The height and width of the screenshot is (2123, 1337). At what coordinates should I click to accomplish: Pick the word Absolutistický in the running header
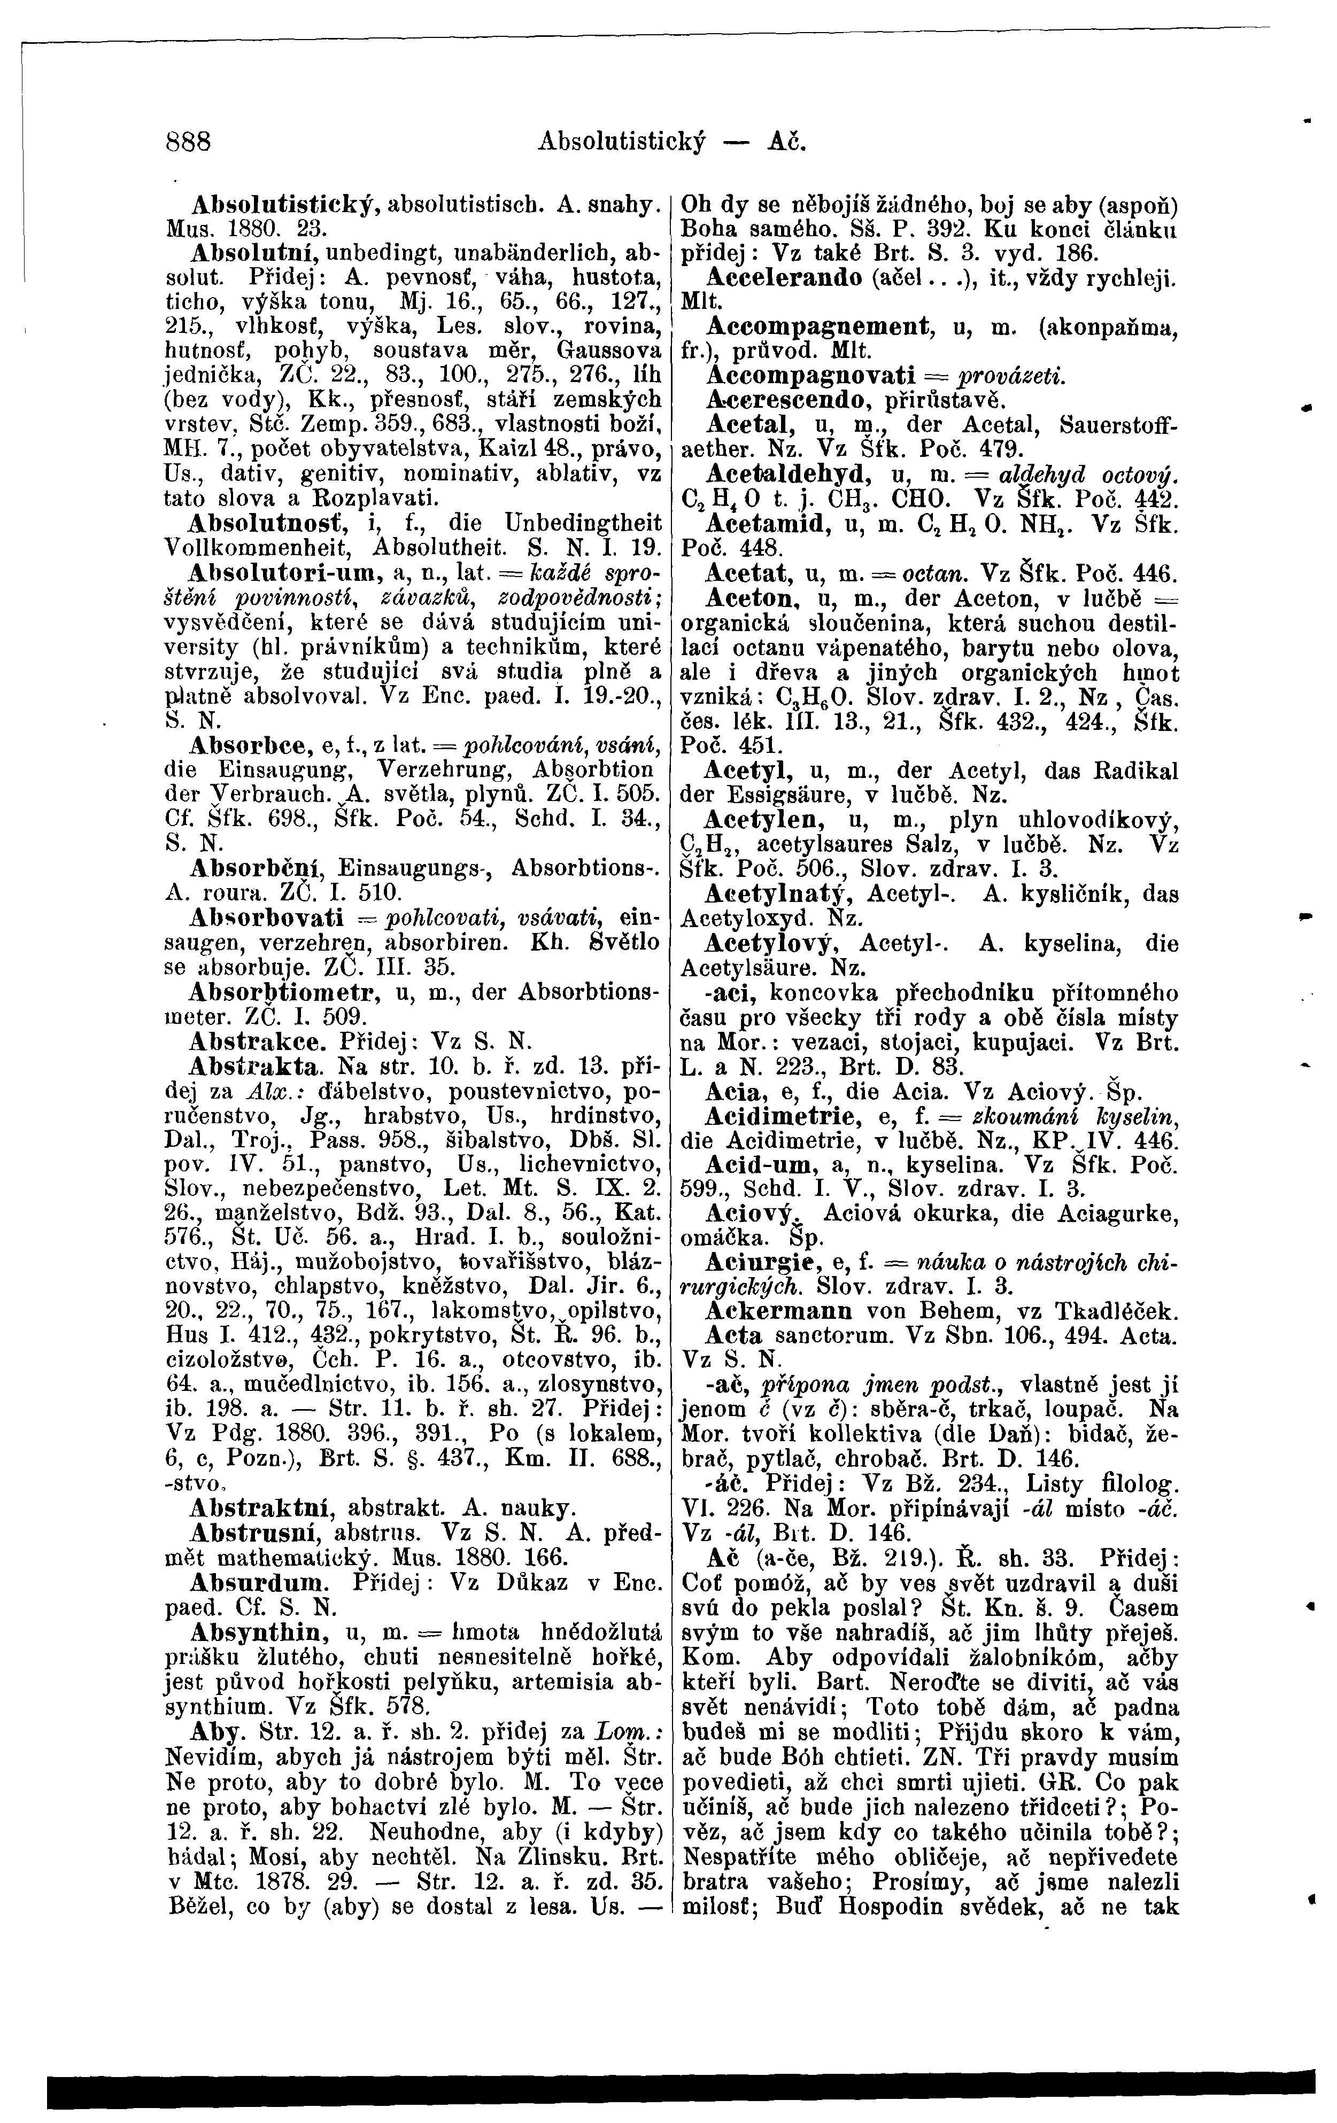point(623,141)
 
